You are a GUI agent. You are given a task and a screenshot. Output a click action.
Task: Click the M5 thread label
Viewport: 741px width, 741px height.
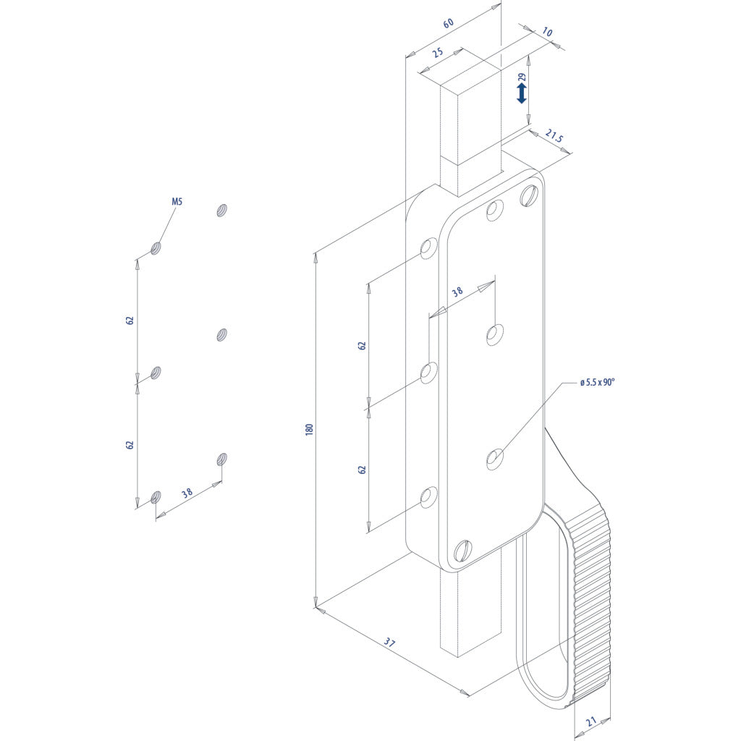click(x=177, y=202)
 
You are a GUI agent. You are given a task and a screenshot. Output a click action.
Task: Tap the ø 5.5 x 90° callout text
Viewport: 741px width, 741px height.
click(x=597, y=382)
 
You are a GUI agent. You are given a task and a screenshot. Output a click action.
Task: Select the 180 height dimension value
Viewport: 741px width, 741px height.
click(x=310, y=430)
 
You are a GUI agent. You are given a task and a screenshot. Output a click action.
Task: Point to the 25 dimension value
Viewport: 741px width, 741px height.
click(x=438, y=52)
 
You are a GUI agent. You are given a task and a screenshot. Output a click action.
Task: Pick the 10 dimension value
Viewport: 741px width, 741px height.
click(x=547, y=32)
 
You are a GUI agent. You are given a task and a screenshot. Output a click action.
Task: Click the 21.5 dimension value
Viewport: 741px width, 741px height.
click(x=554, y=136)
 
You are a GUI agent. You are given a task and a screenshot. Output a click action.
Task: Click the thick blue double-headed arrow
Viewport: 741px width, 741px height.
click(x=522, y=94)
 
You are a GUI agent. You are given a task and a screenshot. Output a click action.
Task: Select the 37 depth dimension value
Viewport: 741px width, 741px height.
click(x=389, y=643)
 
